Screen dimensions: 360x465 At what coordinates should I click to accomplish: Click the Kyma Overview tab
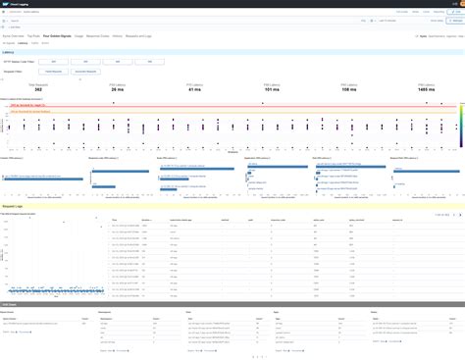coord(14,36)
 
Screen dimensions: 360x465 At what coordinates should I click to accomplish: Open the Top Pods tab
coord(33,36)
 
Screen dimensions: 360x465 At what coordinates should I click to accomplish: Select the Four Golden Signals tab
coord(57,36)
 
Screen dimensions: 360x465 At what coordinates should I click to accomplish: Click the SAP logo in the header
coord(8,5)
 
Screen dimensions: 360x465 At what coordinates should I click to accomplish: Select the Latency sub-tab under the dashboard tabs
coord(21,44)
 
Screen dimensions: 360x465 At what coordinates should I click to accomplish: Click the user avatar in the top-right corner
coord(457,5)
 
